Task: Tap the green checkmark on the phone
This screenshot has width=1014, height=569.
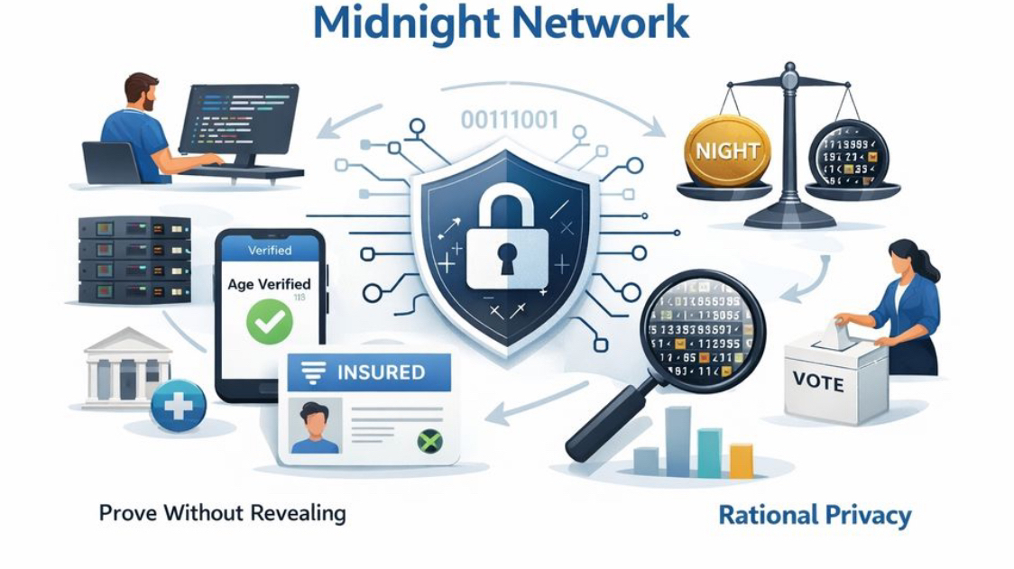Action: click(270, 320)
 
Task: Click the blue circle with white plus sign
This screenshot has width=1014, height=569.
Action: click(178, 406)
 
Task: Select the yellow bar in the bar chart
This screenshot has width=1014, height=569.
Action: click(741, 460)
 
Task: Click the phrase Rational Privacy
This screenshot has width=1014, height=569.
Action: click(815, 515)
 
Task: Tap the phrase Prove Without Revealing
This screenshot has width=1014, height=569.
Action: click(222, 513)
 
